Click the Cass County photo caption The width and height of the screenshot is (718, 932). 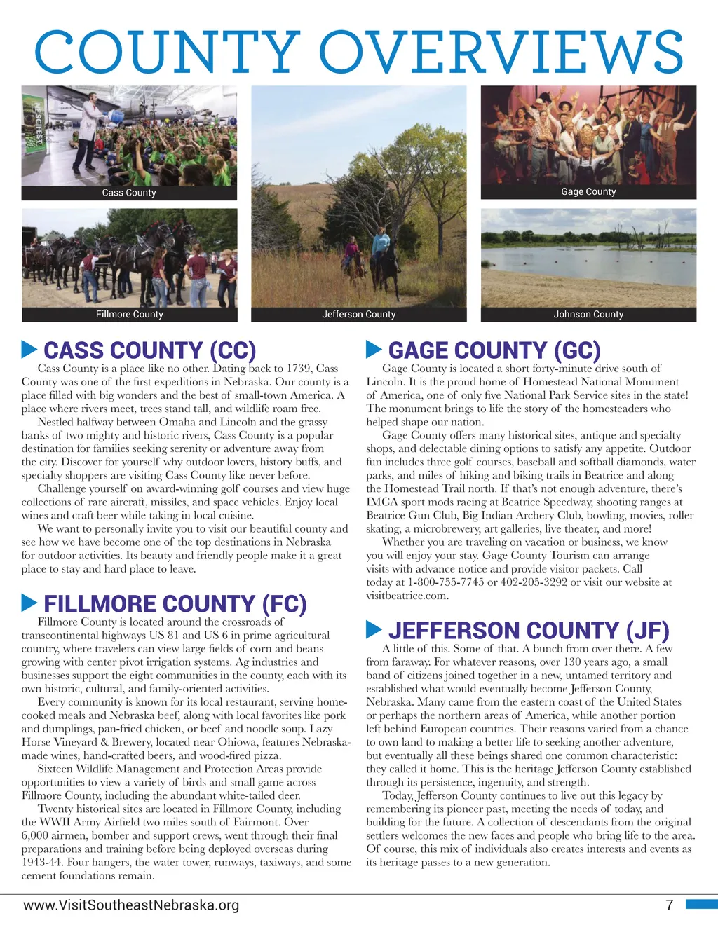pos(129,193)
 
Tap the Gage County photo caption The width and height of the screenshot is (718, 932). pos(588,191)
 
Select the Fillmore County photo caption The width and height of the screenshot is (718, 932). pos(129,314)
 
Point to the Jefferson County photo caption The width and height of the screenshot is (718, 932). pos(358,314)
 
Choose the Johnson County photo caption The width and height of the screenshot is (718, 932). pos(588,314)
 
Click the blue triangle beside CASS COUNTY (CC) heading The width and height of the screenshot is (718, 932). pos(29,348)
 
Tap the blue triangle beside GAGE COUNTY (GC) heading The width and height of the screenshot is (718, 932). pos(374,348)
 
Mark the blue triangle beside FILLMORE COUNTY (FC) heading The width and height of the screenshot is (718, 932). pos(29,602)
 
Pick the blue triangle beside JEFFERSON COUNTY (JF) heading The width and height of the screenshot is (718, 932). pos(374,629)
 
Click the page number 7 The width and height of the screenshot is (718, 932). pos(669,905)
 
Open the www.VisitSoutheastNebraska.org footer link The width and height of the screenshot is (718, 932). pos(131,905)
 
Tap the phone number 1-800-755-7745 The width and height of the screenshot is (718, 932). pos(446,582)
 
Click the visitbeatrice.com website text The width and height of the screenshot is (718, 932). pos(407,596)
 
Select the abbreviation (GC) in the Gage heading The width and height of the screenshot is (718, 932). pos(576,350)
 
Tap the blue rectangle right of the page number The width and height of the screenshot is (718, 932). pos(700,905)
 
